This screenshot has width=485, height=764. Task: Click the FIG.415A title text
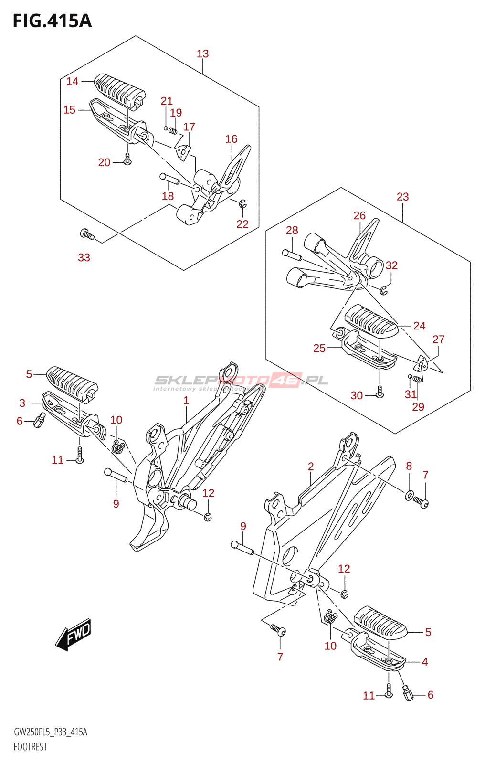coord(52,21)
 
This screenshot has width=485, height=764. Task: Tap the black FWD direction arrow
coord(73,635)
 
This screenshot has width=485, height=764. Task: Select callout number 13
coord(202,54)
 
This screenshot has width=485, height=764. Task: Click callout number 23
coord(402,197)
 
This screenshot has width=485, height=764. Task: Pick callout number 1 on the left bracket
coord(186,401)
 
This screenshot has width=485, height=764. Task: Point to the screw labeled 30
coord(380,393)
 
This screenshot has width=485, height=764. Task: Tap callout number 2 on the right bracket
coord(311,467)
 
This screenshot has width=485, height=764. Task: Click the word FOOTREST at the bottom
coord(31,747)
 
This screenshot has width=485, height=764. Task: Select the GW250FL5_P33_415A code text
coord(50,732)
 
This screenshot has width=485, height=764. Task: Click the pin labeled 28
coord(292,255)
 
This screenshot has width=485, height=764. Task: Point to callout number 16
coord(231,139)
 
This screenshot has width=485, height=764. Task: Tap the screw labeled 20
coord(127,160)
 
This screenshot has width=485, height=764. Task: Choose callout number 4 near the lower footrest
coord(424,662)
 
